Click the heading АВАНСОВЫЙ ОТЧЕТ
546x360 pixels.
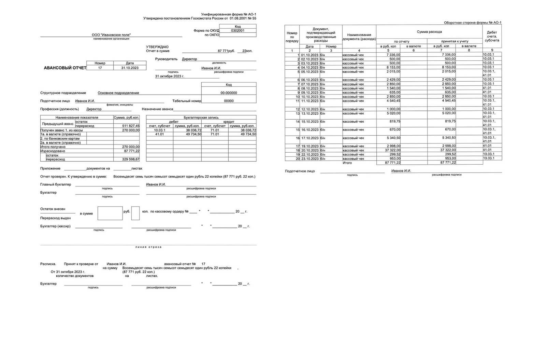[65, 68]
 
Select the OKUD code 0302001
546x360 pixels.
[238, 30]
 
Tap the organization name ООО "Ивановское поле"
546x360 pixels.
[111, 35]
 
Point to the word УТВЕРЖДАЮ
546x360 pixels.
[157, 47]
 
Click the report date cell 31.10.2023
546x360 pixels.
[130, 68]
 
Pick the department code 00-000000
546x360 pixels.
[229, 93]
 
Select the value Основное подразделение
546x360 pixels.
[118, 93]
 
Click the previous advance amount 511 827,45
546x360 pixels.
[131, 126]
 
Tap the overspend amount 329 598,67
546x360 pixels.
[131, 160]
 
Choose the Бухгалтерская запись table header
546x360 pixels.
[201, 117]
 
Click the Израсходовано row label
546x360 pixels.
[53, 151]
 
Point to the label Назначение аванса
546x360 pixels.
[157, 109]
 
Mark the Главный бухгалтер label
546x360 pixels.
[56, 184]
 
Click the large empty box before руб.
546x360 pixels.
[110, 213]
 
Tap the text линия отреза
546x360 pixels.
[148, 247]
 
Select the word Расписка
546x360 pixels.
[48, 264]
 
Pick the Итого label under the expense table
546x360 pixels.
[347, 163]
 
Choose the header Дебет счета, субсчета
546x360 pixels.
[492, 36]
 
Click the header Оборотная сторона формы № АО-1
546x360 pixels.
[473, 23]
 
